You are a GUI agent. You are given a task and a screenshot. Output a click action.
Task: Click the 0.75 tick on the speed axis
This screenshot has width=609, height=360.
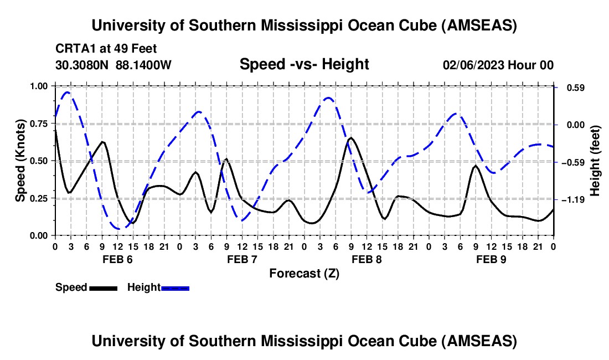point(39,124)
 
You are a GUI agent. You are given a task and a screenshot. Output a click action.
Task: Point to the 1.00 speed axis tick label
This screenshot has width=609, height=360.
point(39,86)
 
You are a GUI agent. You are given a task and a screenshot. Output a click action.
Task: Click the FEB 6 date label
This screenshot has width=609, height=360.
point(117,259)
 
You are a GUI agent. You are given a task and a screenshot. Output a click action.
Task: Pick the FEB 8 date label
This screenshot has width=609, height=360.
point(366,259)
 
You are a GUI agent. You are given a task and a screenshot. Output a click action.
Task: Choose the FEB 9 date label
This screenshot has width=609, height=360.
point(491,259)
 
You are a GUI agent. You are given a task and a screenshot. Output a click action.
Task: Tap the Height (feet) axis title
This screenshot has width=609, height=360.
point(595,161)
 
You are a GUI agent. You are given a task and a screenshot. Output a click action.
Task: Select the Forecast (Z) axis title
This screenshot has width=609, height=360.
point(304,273)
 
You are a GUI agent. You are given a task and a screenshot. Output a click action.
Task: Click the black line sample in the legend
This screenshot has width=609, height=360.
point(103,287)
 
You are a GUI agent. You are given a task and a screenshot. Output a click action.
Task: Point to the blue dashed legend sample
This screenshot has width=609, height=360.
point(175,287)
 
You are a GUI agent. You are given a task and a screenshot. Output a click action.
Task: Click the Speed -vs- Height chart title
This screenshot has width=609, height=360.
point(304,64)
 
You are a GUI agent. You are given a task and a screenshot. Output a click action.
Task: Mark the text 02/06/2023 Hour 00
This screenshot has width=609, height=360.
point(498,65)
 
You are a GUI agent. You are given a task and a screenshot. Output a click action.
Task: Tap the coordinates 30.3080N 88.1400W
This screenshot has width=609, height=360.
point(113,65)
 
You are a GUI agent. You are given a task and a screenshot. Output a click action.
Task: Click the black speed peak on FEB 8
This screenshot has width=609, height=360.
point(351,138)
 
